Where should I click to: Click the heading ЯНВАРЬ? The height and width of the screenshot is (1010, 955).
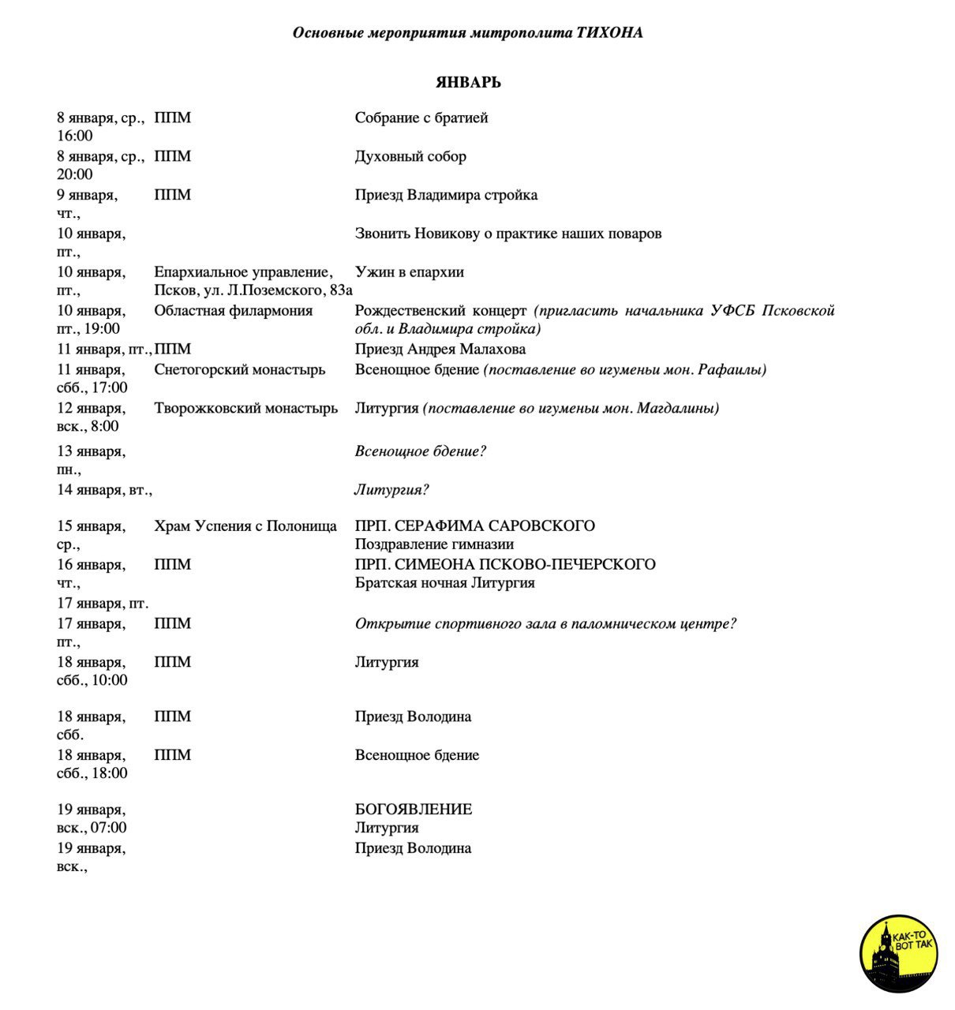pos(468,83)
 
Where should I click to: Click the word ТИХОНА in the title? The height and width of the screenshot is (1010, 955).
pos(610,33)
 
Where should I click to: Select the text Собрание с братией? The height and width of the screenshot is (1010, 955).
pos(421,118)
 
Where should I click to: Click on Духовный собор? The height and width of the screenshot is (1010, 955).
pos(410,157)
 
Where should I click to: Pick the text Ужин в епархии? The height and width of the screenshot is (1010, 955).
pos(410,273)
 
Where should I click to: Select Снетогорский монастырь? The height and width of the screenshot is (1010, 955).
pos(240,370)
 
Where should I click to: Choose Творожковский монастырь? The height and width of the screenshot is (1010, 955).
pos(246,409)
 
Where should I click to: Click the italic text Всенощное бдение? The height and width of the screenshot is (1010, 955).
pos(420,452)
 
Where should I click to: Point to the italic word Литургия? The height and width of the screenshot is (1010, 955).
pos(391,490)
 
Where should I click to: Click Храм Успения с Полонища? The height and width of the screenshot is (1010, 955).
pos(245,526)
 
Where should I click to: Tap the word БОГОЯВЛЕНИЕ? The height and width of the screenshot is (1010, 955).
pos(414,810)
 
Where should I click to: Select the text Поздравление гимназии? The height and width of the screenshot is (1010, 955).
pos(434,544)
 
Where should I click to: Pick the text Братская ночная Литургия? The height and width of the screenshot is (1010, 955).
pos(444,584)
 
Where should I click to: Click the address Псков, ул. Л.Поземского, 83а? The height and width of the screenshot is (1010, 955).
pos(253,290)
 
